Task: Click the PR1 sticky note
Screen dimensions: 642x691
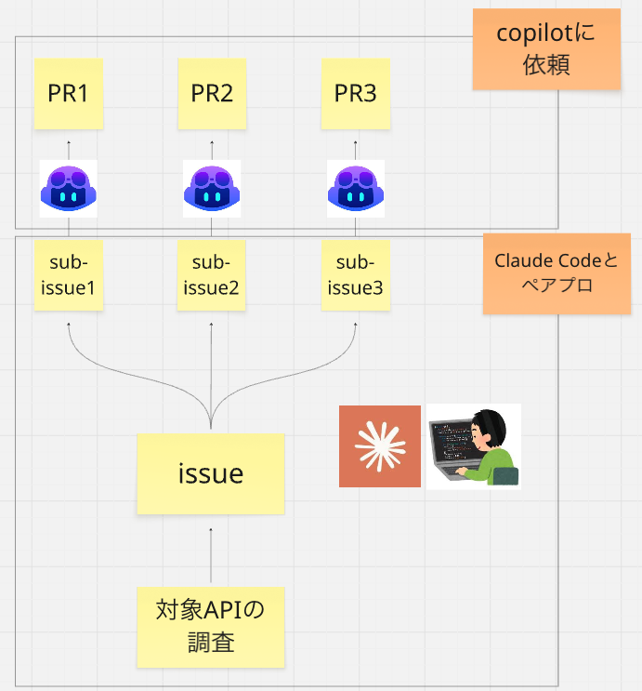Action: [69, 93]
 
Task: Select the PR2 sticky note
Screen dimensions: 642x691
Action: [212, 93]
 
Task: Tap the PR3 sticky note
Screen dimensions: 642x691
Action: [355, 93]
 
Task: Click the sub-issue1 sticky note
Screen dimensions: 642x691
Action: [69, 275]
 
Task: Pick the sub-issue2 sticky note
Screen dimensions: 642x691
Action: [211, 275]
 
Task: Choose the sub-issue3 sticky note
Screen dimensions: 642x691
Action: [355, 275]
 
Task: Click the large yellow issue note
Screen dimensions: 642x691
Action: [211, 473]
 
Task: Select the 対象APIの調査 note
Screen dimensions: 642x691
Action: [211, 627]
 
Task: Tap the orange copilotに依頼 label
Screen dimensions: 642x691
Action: [546, 49]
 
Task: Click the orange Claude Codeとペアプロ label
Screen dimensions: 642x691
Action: [557, 273]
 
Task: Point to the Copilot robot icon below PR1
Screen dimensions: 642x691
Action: [68, 189]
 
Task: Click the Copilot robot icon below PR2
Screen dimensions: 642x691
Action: [212, 189]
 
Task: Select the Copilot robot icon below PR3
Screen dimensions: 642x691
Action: [356, 189]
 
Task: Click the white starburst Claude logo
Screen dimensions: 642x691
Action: [380, 446]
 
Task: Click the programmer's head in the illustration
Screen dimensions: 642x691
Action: [488, 429]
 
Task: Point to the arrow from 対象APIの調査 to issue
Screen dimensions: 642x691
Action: [211, 555]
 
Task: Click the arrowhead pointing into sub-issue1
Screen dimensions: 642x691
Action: [69, 325]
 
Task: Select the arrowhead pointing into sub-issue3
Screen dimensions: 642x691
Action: [355, 325]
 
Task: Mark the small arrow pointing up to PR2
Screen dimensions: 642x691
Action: [212, 151]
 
